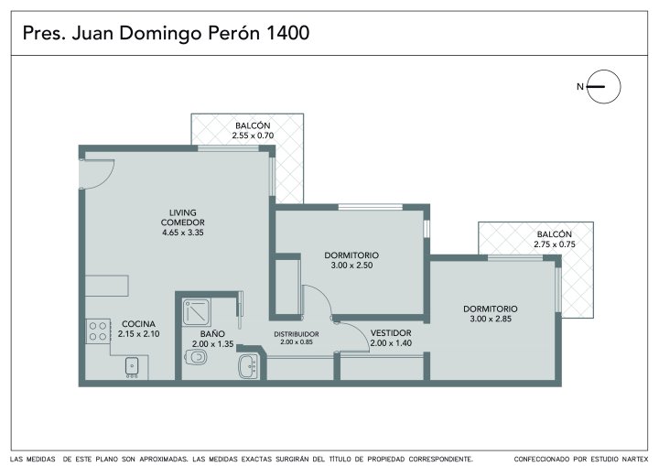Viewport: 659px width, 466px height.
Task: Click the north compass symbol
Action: (603, 87)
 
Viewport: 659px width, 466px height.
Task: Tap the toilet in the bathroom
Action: (196, 358)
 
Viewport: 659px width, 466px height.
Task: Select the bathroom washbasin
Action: (248, 366)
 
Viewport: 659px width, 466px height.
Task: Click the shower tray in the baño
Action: (196, 312)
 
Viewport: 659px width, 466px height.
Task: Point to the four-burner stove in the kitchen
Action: (98, 331)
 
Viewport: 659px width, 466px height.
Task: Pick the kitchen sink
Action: (132, 367)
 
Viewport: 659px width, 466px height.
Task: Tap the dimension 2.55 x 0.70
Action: (253, 135)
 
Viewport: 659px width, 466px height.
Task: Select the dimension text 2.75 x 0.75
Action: (555, 244)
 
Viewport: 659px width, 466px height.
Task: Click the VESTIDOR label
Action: (391, 333)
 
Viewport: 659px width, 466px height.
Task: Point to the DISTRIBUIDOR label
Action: (297, 334)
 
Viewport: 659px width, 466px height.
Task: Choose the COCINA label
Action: (139, 324)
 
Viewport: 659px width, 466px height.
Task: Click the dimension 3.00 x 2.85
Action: (491, 319)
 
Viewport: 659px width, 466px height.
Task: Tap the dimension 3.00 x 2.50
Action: (351, 266)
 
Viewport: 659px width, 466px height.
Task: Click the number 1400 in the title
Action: (288, 33)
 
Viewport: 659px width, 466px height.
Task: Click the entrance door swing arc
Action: (108, 177)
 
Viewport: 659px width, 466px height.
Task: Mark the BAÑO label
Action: (212, 334)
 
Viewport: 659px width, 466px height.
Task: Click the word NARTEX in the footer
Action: (634, 460)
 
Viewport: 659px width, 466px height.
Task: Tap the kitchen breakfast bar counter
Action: (107, 286)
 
